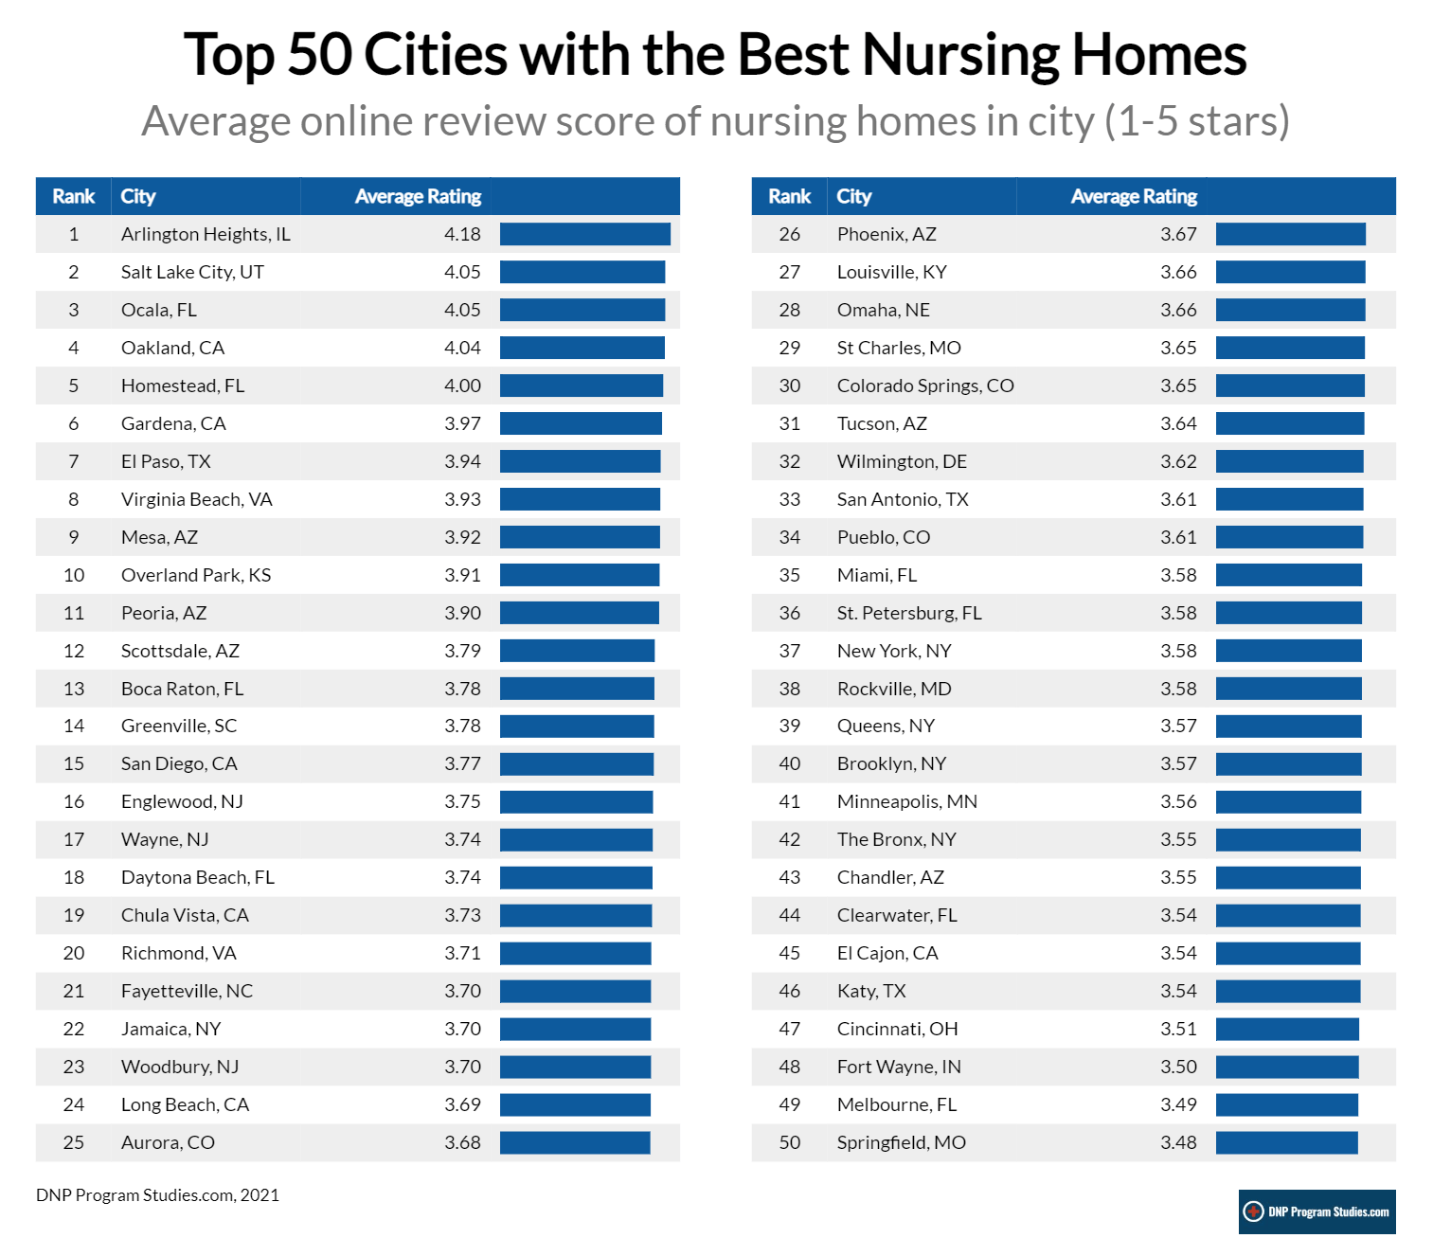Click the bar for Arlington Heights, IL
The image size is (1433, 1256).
[584, 234]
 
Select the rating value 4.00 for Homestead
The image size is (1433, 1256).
[462, 386]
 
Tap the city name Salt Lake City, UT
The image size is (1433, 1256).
[192, 272]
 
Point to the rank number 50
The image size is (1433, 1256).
[789, 1142]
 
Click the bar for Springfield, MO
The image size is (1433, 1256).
[1286, 1142]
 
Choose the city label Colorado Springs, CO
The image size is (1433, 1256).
[924, 386]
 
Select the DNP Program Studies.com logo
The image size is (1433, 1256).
[1317, 1211]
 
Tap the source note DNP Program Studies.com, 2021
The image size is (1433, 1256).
[157, 1195]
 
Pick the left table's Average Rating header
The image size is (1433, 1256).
[418, 196]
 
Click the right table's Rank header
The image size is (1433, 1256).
[789, 196]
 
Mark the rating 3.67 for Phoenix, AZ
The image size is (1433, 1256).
[1178, 234]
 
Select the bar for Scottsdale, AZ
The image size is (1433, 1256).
[577, 651]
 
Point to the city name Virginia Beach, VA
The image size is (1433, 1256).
[196, 499]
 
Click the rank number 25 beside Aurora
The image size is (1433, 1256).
[73, 1142]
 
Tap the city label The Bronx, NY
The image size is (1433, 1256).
[896, 839]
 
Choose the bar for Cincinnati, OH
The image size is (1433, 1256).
[1287, 1029]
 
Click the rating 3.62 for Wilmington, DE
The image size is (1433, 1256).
[1178, 461]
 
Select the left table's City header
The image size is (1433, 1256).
[137, 196]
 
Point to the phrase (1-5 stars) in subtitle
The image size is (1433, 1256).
[1197, 121]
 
